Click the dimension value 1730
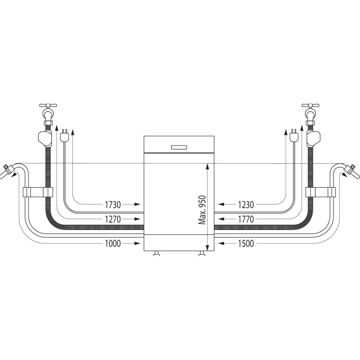click(113, 205)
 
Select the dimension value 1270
click(113, 220)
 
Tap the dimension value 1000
click(113, 243)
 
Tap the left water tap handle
click(48, 106)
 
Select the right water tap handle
click(310, 106)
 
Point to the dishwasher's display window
click(179, 147)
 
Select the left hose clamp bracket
click(38, 192)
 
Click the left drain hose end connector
click(8, 171)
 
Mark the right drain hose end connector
click(351, 171)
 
